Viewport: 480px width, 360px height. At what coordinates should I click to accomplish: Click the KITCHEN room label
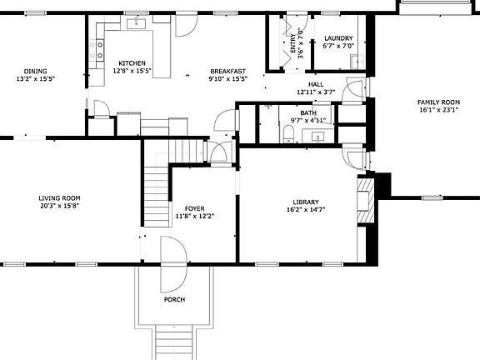(132, 63)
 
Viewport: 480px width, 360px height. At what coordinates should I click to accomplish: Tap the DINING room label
(35, 71)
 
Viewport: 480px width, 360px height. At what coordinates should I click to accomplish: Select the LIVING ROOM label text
(58, 198)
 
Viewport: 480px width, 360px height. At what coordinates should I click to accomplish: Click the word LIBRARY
(306, 202)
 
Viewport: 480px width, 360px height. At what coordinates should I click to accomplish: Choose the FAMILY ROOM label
(438, 101)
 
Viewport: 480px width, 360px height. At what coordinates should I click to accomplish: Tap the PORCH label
(174, 299)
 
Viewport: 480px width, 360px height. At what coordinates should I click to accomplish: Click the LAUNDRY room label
(338, 38)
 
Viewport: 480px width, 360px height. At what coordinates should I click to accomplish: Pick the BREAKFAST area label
(227, 71)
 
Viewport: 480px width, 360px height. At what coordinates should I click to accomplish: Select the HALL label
(315, 84)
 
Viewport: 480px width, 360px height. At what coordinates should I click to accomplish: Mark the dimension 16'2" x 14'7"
(306, 210)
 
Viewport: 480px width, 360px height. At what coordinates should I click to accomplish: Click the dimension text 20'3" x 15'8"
(58, 206)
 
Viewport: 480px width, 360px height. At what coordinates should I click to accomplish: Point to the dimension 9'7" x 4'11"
(308, 121)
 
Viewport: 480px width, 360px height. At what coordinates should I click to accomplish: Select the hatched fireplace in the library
(363, 200)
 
